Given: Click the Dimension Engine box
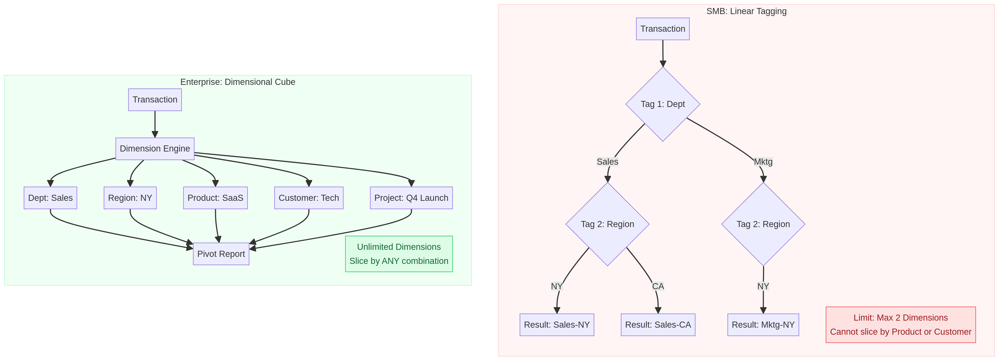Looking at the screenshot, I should [x=155, y=149].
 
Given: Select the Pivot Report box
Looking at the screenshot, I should [x=221, y=254].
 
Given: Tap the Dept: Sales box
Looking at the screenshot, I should [x=50, y=198].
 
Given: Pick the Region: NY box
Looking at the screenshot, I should [x=130, y=198].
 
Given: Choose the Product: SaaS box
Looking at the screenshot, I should [x=215, y=198].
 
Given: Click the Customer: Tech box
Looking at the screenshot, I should [x=309, y=198].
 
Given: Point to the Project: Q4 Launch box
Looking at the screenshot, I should [x=411, y=198].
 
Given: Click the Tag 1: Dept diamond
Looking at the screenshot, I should [x=662, y=104].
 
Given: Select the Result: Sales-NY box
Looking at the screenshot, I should [x=556, y=325].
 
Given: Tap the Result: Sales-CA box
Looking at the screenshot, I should [x=658, y=325].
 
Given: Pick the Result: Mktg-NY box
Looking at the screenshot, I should [x=763, y=325].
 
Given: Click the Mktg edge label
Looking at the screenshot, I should [x=763, y=162].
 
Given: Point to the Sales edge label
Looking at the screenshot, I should [x=607, y=162].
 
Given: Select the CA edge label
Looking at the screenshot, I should [x=658, y=286].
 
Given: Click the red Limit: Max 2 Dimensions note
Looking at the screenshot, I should [x=900, y=325].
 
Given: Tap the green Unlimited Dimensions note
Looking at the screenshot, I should [x=399, y=254].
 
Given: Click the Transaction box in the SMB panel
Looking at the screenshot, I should [x=662, y=29].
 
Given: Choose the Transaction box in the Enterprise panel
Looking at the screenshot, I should [x=155, y=100].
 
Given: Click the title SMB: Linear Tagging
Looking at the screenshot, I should [x=746, y=11].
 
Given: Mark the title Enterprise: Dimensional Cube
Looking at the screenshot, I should [x=238, y=82].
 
